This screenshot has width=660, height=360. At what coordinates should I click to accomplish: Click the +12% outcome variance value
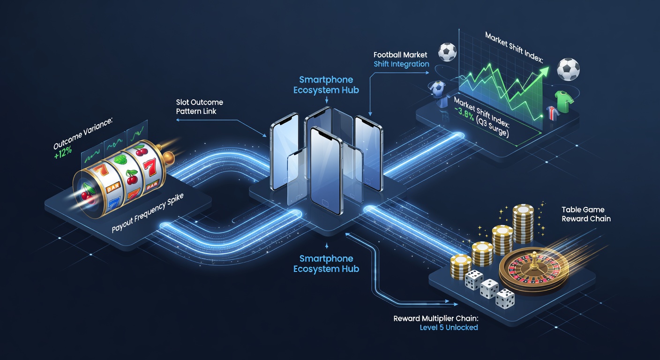tap(63, 152)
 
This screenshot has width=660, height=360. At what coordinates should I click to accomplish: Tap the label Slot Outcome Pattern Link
tap(200, 107)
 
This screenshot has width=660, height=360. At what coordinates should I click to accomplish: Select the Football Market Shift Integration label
tap(401, 59)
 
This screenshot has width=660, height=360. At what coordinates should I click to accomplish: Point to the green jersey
tap(563, 101)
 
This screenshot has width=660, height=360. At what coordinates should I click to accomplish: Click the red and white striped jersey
tap(551, 113)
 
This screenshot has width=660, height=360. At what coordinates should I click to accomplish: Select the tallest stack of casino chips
tap(523, 224)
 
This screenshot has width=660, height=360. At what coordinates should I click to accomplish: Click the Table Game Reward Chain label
tap(586, 214)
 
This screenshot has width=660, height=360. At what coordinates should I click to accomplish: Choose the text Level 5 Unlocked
tap(449, 327)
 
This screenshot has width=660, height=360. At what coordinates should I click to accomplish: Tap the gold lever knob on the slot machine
tap(169, 156)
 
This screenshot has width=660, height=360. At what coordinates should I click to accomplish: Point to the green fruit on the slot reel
tap(120, 159)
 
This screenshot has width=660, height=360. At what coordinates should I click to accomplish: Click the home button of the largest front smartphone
tap(325, 202)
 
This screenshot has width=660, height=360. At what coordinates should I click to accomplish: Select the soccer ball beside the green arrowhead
tap(568, 69)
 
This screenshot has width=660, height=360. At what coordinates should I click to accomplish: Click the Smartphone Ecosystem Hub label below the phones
tap(326, 263)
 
